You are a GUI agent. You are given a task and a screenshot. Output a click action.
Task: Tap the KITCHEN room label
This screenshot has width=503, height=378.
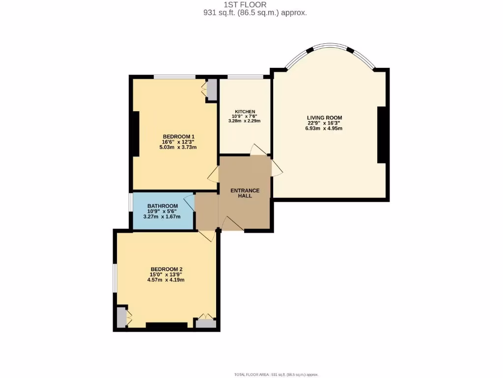click(x=244, y=112)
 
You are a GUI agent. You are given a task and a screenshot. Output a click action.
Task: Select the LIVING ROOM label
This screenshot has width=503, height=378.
click(x=324, y=118)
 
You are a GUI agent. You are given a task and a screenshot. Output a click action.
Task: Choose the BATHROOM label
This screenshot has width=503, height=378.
click(x=162, y=206)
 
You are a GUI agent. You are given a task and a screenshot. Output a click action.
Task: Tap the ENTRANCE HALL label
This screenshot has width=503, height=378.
click(x=245, y=193)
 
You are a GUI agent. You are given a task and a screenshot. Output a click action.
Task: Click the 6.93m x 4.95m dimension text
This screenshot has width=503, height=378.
click(x=324, y=128)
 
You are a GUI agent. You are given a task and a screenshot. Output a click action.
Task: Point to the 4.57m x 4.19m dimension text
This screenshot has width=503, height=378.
click(x=166, y=280)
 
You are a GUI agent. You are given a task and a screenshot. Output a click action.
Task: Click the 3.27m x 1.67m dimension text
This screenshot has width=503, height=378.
click(x=162, y=217)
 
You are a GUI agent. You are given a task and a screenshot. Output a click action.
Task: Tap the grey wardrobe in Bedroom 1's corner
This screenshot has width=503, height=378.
click(x=211, y=90)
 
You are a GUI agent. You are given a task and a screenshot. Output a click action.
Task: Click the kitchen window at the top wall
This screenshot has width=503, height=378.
click(x=244, y=77)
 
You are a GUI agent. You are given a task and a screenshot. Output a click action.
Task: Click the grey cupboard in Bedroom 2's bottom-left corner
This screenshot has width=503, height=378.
click(x=121, y=318)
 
